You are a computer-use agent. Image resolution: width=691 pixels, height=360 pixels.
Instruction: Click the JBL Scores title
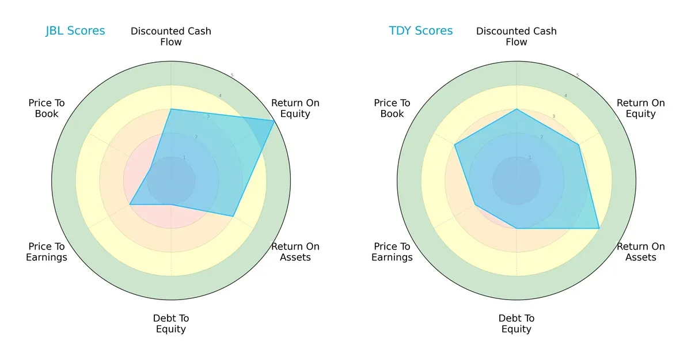(75, 31)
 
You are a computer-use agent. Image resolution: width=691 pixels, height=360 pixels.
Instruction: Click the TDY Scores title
(421, 31)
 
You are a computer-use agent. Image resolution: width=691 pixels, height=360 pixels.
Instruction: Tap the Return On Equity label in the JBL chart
(295, 108)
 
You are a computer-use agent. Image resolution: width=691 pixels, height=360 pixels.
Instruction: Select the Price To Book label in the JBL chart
(47, 108)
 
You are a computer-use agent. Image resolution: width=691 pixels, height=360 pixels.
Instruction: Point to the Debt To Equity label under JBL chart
(171, 324)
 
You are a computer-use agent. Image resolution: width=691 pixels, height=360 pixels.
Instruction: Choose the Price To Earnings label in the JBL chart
(47, 252)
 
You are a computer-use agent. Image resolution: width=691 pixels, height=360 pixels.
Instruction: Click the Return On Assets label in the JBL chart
(295, 252)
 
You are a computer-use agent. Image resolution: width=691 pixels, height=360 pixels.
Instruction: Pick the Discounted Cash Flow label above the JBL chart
(171, 36)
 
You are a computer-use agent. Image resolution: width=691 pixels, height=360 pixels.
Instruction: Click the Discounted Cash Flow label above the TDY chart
(517, 36)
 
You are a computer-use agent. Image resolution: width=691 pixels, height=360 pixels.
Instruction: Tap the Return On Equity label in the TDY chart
(641, 108)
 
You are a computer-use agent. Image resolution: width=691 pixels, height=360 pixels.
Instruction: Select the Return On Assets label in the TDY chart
(641, 252)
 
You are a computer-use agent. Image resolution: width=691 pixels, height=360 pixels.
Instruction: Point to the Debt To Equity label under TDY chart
(517, 324)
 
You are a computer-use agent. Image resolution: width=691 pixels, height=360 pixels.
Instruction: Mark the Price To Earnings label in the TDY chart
(392, 252)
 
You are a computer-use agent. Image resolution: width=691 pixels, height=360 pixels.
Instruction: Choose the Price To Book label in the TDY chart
(392, 108)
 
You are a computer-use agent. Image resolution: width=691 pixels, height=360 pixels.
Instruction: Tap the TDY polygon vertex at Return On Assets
(599, 228)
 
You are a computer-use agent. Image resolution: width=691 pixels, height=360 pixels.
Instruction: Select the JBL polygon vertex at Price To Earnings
(130, 204)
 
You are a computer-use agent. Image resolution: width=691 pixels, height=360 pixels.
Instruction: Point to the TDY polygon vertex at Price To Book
(455, 145)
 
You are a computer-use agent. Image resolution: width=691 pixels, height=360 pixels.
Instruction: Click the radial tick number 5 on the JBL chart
(232, 75)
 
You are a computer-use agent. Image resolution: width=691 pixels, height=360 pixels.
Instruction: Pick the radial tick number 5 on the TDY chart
(578, 75)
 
